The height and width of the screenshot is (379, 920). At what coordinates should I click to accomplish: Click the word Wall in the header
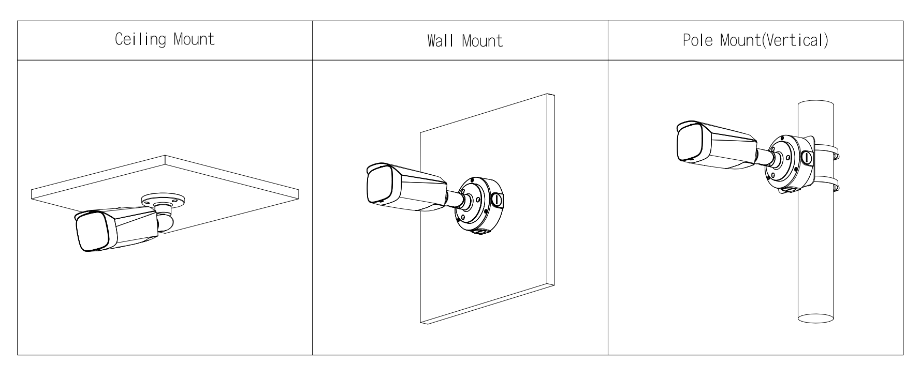438,41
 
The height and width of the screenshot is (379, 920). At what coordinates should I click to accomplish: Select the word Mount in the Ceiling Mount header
194,39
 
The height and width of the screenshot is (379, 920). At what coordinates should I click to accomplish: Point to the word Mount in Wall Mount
482,41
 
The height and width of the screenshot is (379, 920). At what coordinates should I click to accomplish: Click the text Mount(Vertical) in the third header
774,40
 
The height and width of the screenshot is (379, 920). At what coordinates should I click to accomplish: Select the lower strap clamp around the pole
826,183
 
